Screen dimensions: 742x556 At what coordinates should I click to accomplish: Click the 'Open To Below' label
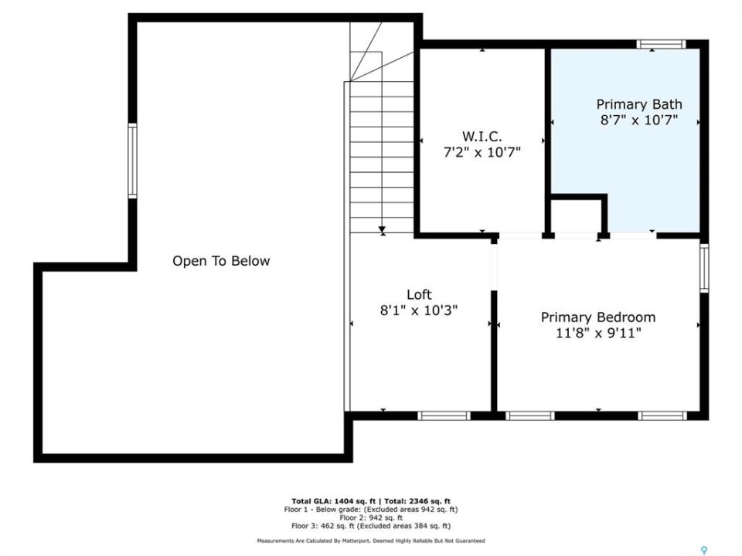point(221,261)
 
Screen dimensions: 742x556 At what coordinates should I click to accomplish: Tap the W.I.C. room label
point(482,137)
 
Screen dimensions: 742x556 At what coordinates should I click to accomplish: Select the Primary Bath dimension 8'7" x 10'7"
point(639,120)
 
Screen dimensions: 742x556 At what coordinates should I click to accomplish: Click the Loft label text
point(419,294)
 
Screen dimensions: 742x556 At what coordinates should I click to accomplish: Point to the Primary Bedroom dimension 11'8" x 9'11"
point(598,334)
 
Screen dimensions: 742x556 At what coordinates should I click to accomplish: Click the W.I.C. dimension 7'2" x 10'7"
point(482,152)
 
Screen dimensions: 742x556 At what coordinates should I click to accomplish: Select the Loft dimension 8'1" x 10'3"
point(419,310)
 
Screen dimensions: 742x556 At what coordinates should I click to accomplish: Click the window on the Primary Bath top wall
point(661,45)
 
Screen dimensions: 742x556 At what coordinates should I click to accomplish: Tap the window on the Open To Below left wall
point(132,161)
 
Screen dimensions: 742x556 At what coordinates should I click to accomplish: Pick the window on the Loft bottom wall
point(444,415)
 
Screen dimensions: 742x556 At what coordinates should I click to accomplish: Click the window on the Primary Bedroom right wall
point(704,268)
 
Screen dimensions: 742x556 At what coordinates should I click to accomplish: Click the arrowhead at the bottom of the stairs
point(382,230)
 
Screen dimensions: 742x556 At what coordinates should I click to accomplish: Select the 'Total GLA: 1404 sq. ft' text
point(334,501)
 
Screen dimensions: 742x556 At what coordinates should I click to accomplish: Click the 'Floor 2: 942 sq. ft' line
point(371,517)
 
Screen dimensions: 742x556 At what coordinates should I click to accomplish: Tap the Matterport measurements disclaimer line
point(371,541)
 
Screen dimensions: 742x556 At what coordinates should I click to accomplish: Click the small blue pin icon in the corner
point(704,550)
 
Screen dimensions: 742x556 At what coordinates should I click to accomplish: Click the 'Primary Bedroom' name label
point(598,317)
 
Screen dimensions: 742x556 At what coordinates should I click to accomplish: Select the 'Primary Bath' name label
point(639,104)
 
